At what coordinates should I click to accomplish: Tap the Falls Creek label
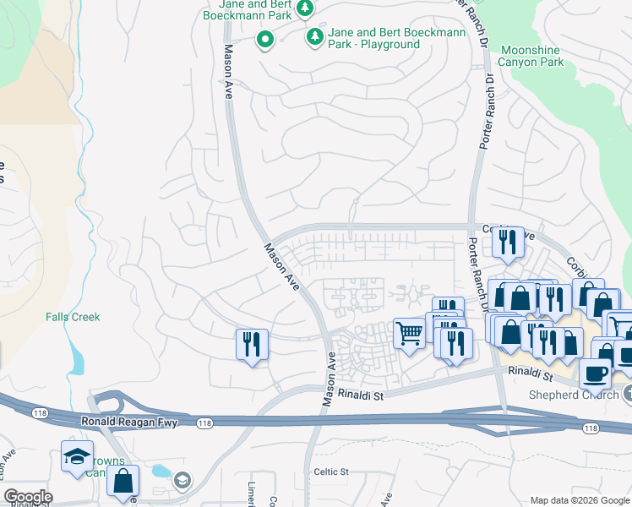(x=73, y=317)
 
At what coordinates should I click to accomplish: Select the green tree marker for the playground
(x=315, y=36)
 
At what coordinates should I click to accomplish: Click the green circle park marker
(x=264, y=39)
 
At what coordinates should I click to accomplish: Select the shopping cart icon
(x=410, y=334)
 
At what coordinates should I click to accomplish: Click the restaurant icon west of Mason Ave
(x=252, y=344)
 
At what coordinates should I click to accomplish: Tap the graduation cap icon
(x=77, y=456)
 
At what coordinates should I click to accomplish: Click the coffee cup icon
(x=595, y=372)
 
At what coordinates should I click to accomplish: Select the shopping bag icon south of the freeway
(x=123, y=481)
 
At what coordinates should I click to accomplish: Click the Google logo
(x=27, y=497)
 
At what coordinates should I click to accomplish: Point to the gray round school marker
(x=182, y=481)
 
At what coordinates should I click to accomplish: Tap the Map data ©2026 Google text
(x=579, y=500)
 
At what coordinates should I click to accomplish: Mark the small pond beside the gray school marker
(x=161, y=471)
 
